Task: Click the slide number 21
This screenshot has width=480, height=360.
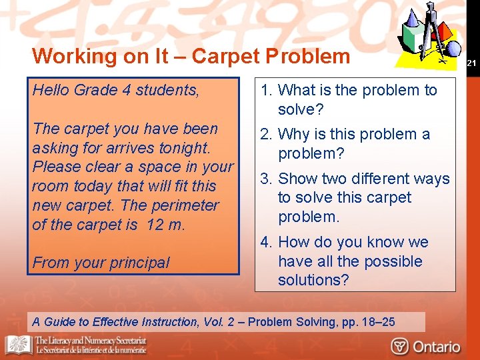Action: pos(471,63)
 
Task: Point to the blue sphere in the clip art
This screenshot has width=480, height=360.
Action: pos(453,48)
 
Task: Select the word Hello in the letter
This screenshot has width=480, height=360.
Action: pos(51,90)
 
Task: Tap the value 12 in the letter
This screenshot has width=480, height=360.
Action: pos(155,225)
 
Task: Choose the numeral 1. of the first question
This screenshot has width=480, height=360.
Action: pos(265,90)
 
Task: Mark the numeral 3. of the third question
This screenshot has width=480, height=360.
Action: pos(265,179)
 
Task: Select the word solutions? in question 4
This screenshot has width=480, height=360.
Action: pos(313,280)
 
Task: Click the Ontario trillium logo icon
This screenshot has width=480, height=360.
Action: pos(400,346)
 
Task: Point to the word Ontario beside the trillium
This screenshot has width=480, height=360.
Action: pos(436,346)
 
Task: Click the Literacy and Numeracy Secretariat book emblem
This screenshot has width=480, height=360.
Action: pos(18,344)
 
